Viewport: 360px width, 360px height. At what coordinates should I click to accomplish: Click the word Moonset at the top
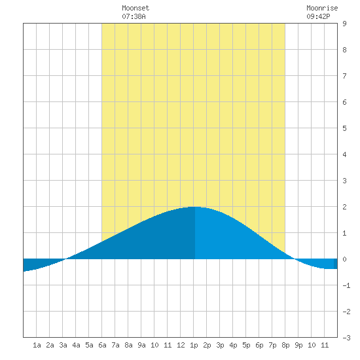pos(135,8)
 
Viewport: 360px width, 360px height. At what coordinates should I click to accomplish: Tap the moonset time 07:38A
pos(134,16)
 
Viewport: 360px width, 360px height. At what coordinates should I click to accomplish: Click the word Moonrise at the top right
pos(322,8)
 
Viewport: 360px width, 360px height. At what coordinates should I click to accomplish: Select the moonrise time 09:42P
pos(318,16)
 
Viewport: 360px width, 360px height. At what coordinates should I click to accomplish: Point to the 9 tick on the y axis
pos(344,24)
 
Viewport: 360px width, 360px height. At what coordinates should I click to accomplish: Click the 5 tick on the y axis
pos(344,128)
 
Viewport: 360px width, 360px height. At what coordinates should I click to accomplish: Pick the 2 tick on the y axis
pos(344,207)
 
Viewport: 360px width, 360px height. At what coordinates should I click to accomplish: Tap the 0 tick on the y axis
pos(344,259)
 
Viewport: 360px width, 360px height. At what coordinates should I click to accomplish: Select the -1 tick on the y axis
pos(346,285)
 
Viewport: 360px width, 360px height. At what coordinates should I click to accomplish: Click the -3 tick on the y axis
pos(346,338)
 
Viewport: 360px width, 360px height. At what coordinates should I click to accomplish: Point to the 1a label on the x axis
pos(37,345)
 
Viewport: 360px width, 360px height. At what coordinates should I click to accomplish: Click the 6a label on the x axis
pos(102,345)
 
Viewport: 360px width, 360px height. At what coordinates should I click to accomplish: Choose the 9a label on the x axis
pos(141,345)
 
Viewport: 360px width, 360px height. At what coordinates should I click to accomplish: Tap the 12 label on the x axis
pos(181,345)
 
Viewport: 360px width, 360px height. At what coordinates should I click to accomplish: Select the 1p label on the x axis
pos(194,345)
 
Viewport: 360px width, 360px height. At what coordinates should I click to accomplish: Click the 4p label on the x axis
pos(233,345)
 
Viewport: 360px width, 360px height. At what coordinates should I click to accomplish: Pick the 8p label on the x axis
pos(285,345)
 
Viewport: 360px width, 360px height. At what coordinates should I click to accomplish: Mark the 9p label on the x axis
pos(298,345)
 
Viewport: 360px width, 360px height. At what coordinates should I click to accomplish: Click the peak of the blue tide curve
pos(194,207)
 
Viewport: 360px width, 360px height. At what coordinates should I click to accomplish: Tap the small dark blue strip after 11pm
pos(335,264)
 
